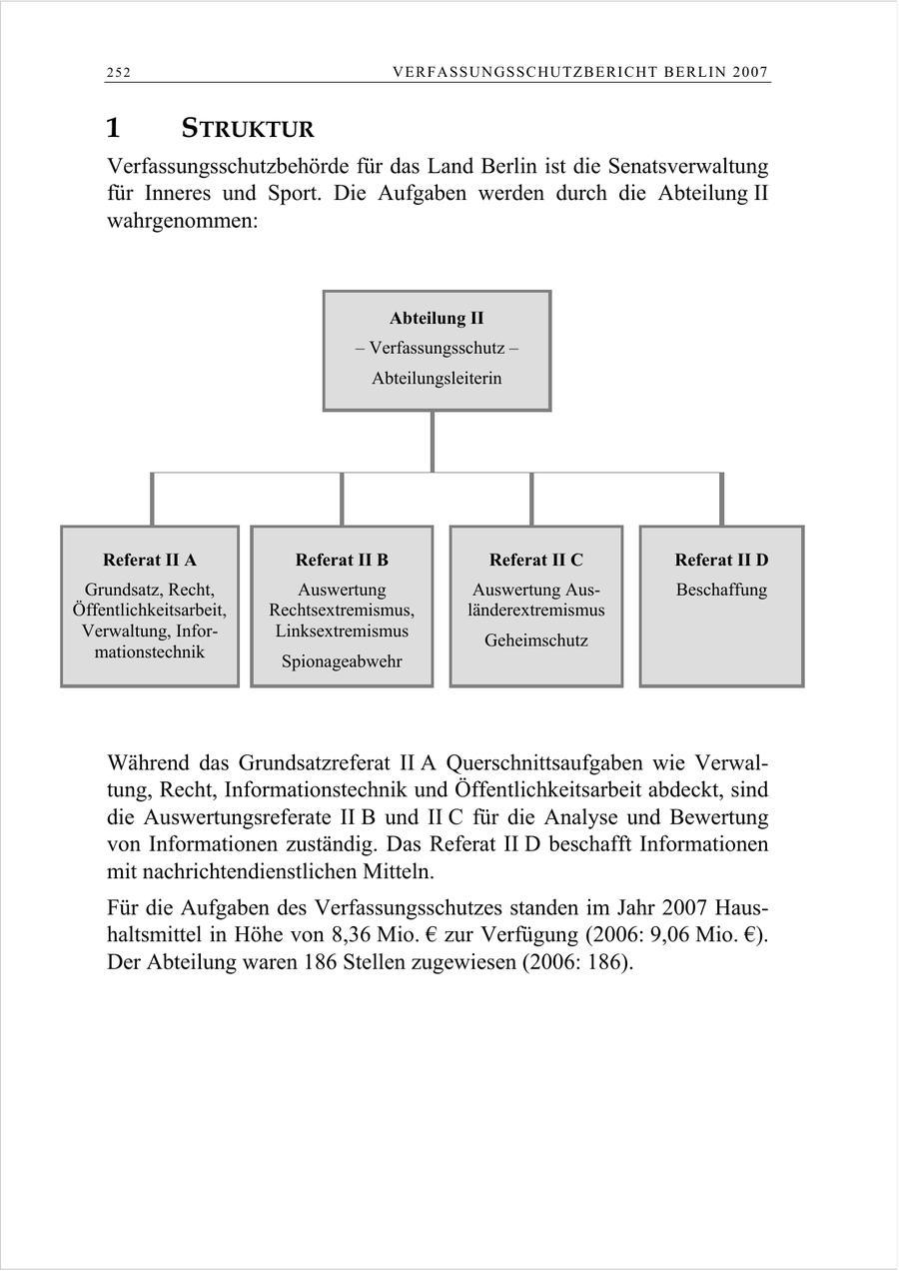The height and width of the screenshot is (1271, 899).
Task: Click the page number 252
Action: [119, 72]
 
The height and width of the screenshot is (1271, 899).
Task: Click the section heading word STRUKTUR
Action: [248, 130]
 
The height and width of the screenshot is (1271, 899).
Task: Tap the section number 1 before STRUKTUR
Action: [113, 129]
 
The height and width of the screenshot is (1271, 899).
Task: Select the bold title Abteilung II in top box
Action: [437, 319]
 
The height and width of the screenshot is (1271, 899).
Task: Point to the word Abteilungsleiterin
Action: [437, 379]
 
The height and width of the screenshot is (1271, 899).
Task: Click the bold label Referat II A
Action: [150, 560]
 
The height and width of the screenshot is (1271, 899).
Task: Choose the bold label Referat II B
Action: [342, 560]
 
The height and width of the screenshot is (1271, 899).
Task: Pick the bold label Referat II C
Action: [536, 560]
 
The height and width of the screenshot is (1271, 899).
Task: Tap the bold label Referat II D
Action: [721, 560]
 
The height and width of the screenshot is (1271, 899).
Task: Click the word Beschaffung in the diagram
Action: [721, 590]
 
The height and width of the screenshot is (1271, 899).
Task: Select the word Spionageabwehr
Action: [342, 661]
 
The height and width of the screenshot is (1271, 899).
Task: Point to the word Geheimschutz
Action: [536, 640]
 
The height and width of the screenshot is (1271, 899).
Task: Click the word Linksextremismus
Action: [342, 632]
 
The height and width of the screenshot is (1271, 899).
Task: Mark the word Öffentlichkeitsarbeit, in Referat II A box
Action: [150, 611]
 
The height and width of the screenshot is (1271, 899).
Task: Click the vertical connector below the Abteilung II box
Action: [433, 441]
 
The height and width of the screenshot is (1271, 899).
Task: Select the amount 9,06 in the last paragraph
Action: [670, 936]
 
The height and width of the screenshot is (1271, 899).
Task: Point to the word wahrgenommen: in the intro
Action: [182, 220]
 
